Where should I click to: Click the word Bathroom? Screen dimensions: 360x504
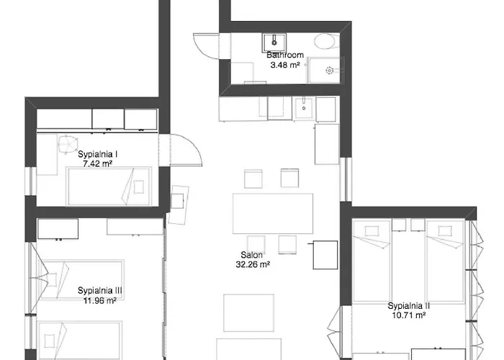click(x=285, y=55)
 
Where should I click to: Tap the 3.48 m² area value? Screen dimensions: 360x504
click(x=285, y=65)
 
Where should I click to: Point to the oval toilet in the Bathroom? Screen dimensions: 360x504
click(x=325, y=41)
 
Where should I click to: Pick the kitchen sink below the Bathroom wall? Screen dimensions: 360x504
click(x=302, y=107)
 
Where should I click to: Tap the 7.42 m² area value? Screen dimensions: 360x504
click(x=98, y=164)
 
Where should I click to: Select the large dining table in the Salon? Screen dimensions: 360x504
click(x=273, y=212)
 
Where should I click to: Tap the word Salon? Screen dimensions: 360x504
click(x=252, y=255)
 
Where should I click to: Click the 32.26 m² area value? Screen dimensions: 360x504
click(x=252, y=264)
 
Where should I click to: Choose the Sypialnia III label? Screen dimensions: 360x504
click(x=100, y=291)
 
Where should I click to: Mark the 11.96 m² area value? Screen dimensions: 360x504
click(x=100, y=300)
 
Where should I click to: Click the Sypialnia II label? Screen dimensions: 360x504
click(x=408, y=306)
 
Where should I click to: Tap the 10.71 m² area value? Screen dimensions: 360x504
click(x=408, y=315)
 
